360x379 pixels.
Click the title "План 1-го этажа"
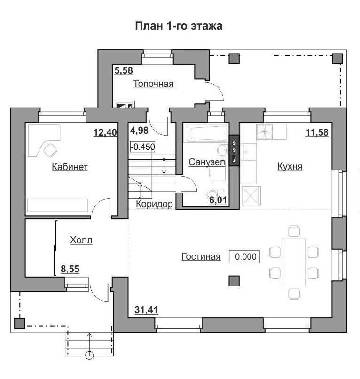(179, 26)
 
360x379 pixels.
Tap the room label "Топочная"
(154, 84)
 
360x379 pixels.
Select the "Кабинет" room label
(70, 167)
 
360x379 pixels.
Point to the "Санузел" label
(207, 162)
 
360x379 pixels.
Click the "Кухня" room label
(290, 167)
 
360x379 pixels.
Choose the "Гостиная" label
(201, 256)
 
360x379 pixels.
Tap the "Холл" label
(81, 240)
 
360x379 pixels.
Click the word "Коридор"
(154, 204)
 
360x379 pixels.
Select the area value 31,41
(146, 310)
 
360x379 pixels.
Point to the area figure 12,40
(105, 132)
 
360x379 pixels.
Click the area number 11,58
(317, 132)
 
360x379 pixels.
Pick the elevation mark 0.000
(244, 256)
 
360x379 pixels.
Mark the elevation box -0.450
(142, 147)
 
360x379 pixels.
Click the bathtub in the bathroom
(208, 133)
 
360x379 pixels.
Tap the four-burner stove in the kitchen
(265, 132)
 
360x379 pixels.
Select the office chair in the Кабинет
(51, 150)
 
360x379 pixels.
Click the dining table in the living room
(294, 262)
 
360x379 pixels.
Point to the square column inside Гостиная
(234, 281)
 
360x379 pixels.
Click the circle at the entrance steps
(89, 356)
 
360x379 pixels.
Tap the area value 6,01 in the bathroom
(218, 201)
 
